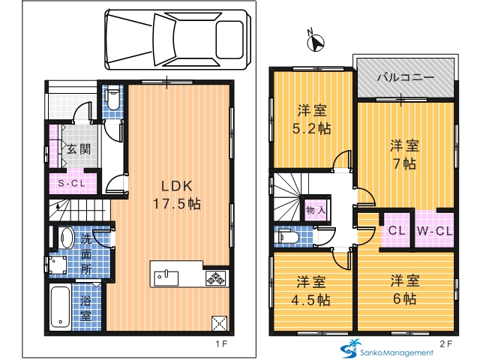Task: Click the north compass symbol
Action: click(x=316, y=43)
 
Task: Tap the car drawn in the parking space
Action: click(x=178, y=40)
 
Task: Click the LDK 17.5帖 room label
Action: click(x=177, y=195)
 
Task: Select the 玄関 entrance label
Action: click(x=79, y=149)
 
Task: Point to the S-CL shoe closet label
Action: click(x=72, y=183)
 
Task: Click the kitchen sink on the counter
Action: click(x=166, y=277)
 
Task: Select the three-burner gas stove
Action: click(x=216, y=277)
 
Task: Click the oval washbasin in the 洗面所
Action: click(x=66, y=238)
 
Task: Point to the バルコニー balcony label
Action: click(x=405, y=77)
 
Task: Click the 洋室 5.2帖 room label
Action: click(x=312, y=119)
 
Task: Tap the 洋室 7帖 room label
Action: click(x=405, y=155)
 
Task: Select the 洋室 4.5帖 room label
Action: click(x=311, y=291)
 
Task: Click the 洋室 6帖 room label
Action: click(x=405, y=289)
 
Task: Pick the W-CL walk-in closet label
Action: click(x=435, y=231)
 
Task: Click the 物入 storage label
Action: click(x=316, y=210)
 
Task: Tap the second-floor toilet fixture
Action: click(x=287, y=237)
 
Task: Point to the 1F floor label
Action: click(x=222, y=344)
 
